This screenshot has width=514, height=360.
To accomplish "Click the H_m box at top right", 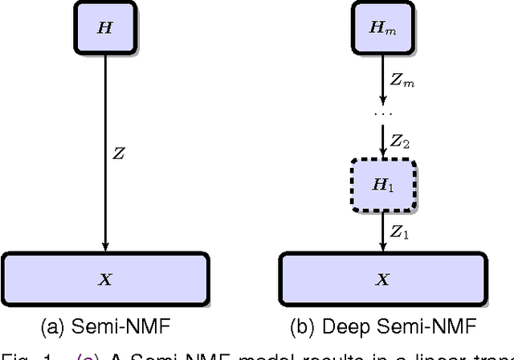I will (x=383, y=27).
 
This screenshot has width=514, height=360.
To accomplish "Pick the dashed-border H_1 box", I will (x=383, y=184).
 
